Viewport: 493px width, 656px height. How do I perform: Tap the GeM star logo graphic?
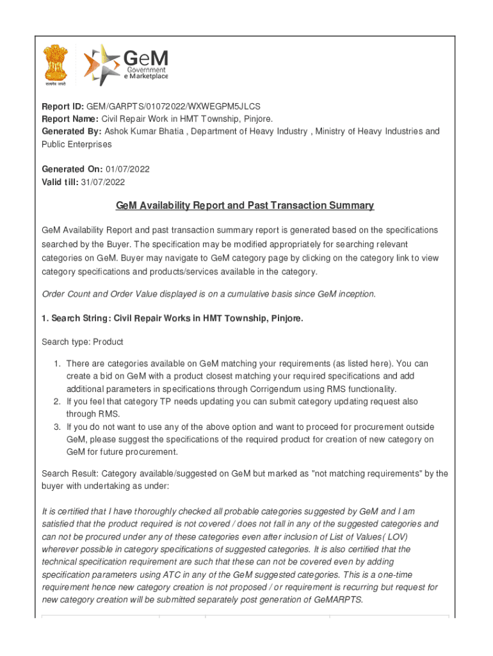(x=101, y=65)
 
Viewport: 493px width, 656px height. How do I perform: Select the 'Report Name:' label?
(x=70, y=119)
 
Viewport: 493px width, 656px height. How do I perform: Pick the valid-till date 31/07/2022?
(x=102, y=182)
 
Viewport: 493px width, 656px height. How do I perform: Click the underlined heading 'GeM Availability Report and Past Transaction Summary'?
(x=245, y=206)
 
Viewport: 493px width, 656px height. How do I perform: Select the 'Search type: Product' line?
(x=83, y=342)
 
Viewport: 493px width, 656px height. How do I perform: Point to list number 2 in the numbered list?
(x=57, y=402)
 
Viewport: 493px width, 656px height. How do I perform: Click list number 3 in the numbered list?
(x=57, y=427)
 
